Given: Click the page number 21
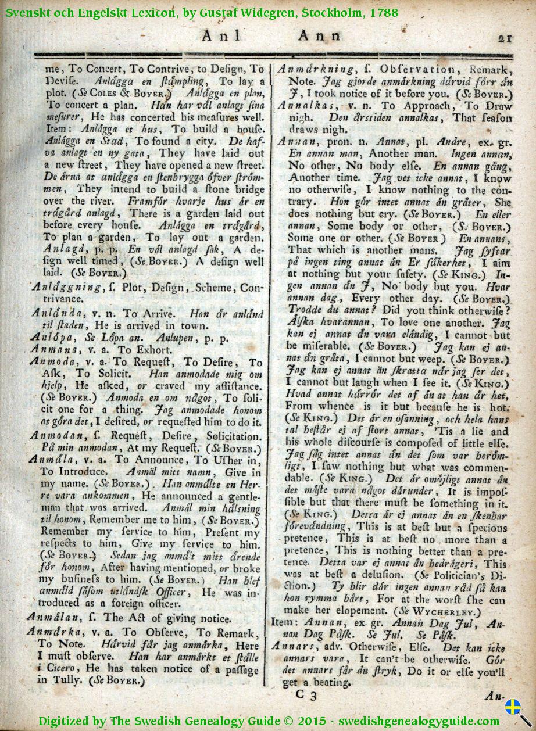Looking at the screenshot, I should coord(504,38).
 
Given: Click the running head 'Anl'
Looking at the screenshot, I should coord(220,36).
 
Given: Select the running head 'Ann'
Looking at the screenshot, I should coord(320,36).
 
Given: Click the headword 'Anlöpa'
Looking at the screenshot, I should coord(49,337).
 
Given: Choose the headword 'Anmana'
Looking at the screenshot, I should coord(51,350).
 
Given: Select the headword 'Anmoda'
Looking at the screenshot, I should coord(51,363).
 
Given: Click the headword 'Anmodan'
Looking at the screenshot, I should coord(55,436).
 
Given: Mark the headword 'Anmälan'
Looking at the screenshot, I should coord(51,618).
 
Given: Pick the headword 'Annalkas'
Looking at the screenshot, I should coord(306,106).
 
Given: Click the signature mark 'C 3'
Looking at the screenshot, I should coord(306,696).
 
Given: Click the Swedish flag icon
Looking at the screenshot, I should coord(512,707).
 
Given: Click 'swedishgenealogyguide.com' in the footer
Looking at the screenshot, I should coord(417,721).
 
